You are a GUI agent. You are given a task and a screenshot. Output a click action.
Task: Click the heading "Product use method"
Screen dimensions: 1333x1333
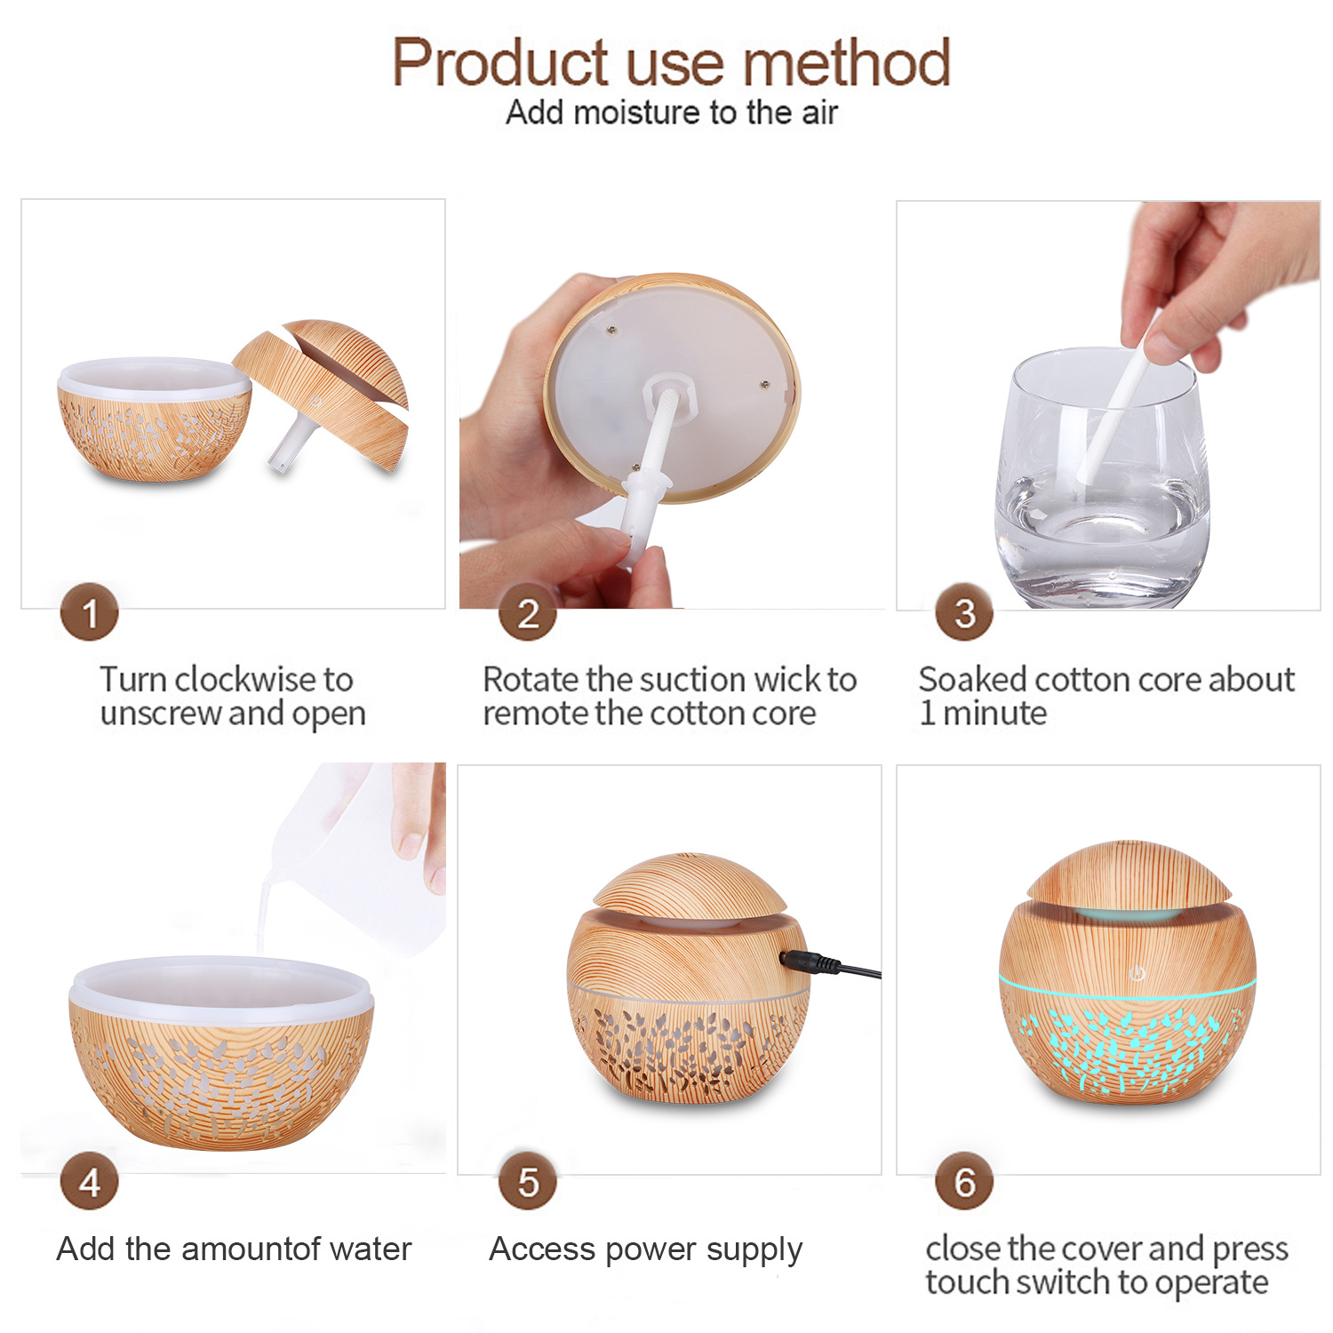[x=671, y=62]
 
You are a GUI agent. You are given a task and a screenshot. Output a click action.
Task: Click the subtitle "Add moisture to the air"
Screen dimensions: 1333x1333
[x=671, y=113]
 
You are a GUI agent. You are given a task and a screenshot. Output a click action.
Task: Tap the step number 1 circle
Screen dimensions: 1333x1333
[x=90, y=612]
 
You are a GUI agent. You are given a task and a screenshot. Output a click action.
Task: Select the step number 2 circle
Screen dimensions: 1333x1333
[x=528, y=612]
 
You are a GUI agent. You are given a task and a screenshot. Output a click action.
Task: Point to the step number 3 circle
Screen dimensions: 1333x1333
[x=965, y=612]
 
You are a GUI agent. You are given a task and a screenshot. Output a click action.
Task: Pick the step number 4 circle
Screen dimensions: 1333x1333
[x=90, y=1182]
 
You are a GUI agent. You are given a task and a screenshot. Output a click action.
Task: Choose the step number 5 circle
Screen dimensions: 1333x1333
[x=528, y=1182]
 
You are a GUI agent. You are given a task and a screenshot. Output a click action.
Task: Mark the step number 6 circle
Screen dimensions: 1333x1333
[x=965, y=1182]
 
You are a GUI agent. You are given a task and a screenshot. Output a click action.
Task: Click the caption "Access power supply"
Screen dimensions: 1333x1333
[x=646, y=1250]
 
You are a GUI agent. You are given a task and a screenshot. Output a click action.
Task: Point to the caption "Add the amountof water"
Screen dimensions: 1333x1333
[x=235, y=1249]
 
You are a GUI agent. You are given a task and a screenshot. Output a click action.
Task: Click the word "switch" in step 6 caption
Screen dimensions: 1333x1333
[x=1065, y=1282]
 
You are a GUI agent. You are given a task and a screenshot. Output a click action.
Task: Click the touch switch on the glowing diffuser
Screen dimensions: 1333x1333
[x=1137, y=974]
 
